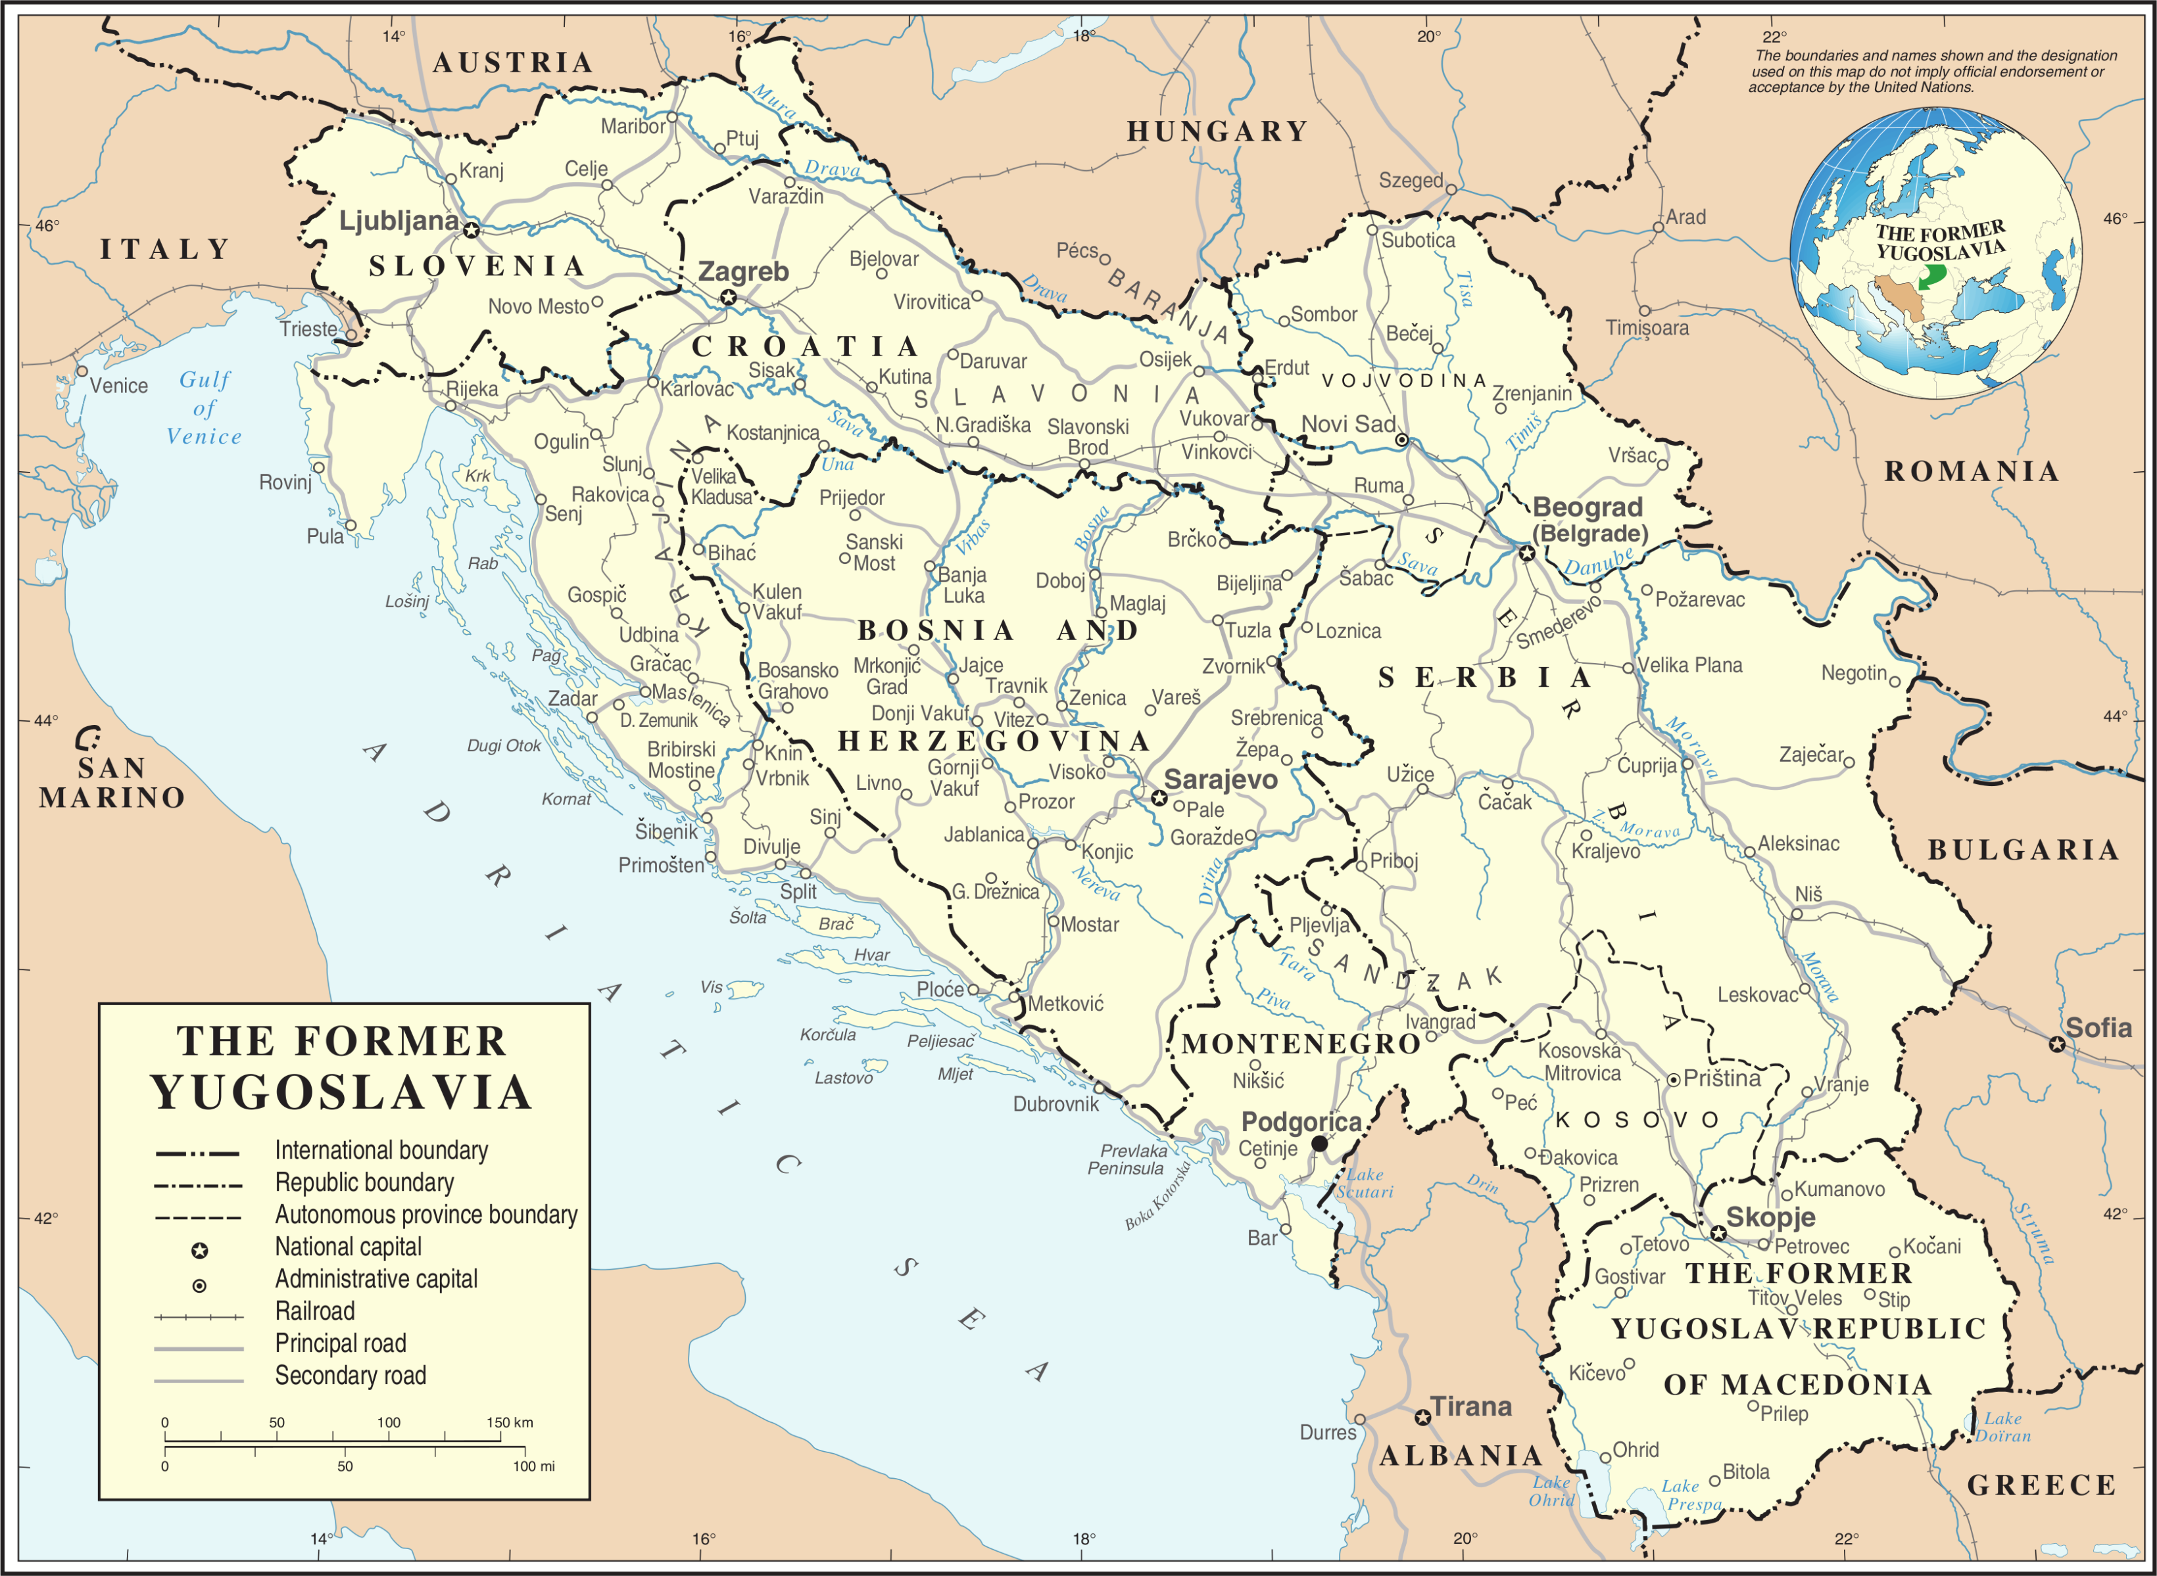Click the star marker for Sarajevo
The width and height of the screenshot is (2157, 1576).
1157,798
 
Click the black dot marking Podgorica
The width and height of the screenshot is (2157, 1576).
1319,1143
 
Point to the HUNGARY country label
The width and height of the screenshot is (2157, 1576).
1217,131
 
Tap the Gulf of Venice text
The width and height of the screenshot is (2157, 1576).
205,407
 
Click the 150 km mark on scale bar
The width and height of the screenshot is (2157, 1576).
509,1422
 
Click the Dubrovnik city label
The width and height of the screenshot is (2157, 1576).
1055,1103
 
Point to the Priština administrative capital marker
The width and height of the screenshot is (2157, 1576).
1673,1080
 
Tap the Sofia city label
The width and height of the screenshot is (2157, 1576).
2098,1027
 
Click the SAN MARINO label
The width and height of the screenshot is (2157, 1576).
112,782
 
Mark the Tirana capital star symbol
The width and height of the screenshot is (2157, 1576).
1422,1418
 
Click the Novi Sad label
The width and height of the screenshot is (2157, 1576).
1347,425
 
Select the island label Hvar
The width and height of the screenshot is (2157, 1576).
871,955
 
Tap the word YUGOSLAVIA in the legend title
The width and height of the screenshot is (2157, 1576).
342,1092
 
